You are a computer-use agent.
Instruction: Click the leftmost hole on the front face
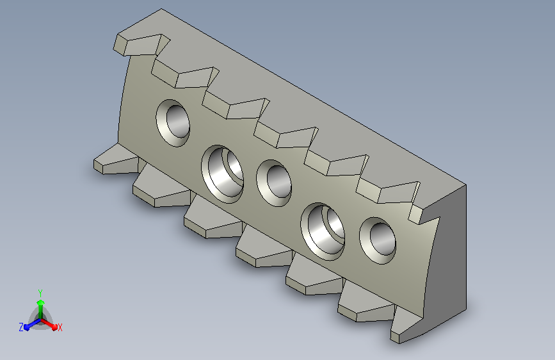coord(173,123)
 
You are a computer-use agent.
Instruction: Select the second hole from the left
coord(222,174)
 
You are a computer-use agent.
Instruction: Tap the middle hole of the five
coord(274,183)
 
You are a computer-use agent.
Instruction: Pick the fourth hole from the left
coord(323,232)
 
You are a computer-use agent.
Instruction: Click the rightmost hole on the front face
coord(377,241)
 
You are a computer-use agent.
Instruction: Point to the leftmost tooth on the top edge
coord(141,45)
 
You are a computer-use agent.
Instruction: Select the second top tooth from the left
coord(185,75)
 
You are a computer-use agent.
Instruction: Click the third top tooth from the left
coord(236,106)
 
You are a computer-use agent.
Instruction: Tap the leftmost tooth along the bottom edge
coord(116,161)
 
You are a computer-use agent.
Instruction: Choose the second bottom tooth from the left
coord(162,188)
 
